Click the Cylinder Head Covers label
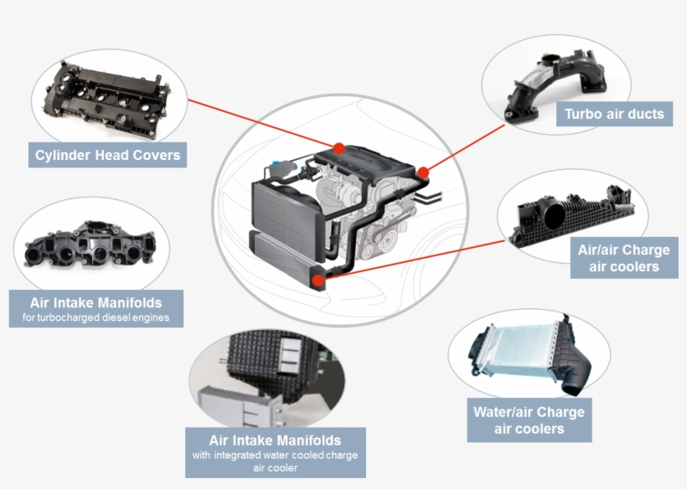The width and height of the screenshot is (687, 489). [x=107, y=155]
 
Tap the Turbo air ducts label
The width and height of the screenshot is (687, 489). [x=614, y=114]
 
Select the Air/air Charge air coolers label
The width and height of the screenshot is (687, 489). [x=624, y=258]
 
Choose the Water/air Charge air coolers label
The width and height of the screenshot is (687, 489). [x=529, y=420]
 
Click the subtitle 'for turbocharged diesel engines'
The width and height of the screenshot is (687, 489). [x=96, y=317]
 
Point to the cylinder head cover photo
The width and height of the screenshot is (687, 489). [x=108, y=100]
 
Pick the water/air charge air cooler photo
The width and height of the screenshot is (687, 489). [x=529, y=353]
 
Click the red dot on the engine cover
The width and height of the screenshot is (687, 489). [x=338, y=148]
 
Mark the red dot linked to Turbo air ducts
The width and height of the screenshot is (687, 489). [x=423, y=172]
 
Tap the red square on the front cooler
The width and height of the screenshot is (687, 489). [x=318, y=281]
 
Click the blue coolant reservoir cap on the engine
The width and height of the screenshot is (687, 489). [x=276, y=162]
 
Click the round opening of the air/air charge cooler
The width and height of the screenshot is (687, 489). [x=554, y=214]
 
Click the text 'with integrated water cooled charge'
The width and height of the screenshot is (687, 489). [x=275, y=455]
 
